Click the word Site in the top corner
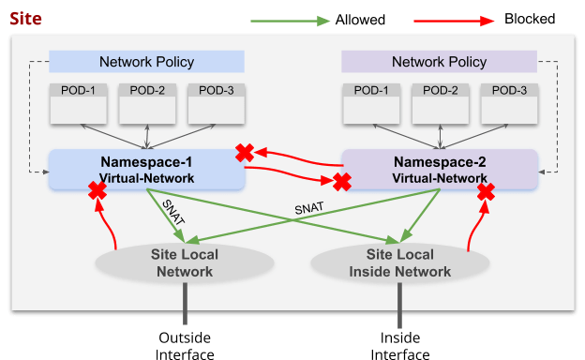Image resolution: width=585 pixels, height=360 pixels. [x=24, y=18]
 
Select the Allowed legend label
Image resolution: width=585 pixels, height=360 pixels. [x=360, y=20]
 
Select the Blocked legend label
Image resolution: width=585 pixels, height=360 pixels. [x=530, y=20]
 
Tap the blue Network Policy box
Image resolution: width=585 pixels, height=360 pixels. [x=146, y=62]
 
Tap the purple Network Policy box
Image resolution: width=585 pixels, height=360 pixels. [x=438, y=62]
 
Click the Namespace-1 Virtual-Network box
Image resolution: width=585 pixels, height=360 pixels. [x=146, y=169]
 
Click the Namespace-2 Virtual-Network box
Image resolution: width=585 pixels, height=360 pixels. [x=439, y=169]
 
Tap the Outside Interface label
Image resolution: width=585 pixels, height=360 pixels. [x=184, y=344]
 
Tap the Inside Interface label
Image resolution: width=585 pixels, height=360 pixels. [x=400, y=344]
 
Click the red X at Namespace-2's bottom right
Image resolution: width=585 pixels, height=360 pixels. [x=486, y=192]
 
